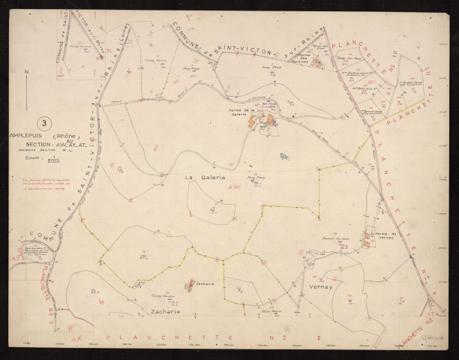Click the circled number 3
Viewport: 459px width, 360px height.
point(46,121)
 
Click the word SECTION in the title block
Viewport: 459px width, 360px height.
point(37,146)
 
